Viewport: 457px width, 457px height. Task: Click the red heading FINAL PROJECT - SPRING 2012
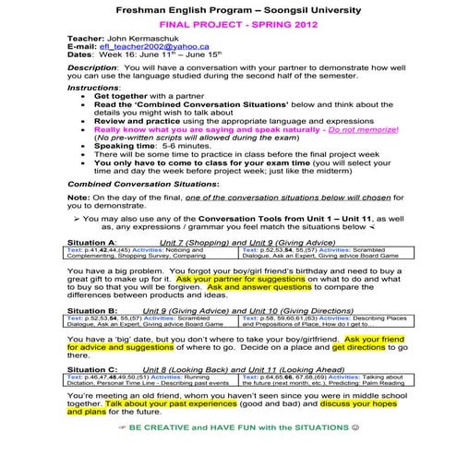pos(228,29)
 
